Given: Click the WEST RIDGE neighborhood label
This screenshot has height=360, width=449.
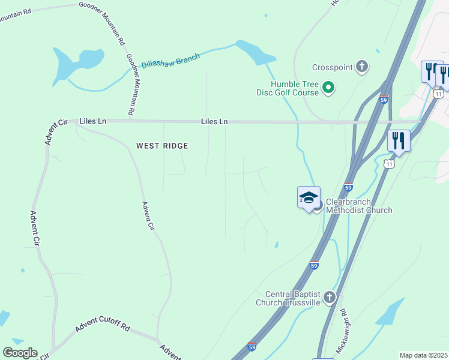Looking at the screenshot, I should click(162, 146).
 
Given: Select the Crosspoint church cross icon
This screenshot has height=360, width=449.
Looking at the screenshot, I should click(362, 67).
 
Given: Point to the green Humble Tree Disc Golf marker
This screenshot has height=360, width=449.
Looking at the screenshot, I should click(328, 88).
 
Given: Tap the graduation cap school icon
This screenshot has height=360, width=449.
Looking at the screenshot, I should click(309, 197).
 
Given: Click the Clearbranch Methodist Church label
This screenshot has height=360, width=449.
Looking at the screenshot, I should click(359, 206).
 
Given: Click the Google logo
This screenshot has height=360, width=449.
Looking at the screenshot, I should click(20, 353).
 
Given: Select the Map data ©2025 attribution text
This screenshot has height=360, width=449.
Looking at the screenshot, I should click(423, 355).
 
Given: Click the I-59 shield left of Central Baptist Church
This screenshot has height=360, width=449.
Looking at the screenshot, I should click(314, 265).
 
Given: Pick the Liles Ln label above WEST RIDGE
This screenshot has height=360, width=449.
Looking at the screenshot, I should click(215, 122).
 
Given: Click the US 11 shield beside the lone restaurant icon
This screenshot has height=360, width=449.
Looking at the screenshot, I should click(390, 163).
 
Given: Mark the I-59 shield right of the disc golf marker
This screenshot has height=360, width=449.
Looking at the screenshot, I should click(384, 99).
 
